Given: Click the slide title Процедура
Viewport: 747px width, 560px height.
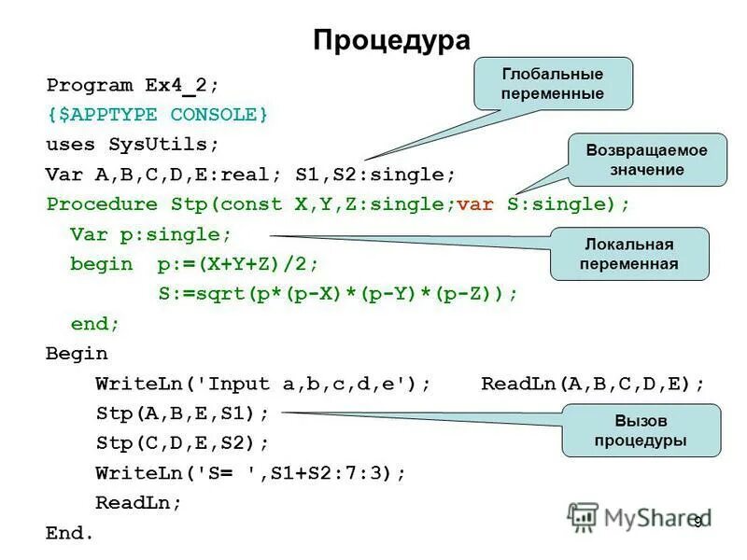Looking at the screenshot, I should point(391,40).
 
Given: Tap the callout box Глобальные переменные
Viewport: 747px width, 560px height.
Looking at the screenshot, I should point(553,83).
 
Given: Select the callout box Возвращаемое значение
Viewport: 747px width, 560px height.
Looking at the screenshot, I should point(646,160).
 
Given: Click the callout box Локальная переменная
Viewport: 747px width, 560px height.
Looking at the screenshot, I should point(628,254).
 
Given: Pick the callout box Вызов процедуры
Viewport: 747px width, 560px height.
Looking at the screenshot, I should point(641,430).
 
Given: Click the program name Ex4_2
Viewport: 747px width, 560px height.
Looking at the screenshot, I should point(180,85).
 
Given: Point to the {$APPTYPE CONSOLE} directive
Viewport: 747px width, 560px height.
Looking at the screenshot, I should point(157,115).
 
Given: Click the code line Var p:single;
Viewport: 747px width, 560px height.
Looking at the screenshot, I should point(150,234).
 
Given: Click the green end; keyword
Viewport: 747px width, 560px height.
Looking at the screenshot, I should point(95,324).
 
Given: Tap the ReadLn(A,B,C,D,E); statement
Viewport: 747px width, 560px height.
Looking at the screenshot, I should point(593,384).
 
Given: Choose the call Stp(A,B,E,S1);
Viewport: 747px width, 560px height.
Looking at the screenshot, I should point(182,413).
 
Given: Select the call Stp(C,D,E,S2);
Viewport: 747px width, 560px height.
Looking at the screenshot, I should point(182,443).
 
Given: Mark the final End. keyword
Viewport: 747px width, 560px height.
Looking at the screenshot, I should point(70,533).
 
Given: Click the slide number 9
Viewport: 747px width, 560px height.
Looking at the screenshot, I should point(697,523).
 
